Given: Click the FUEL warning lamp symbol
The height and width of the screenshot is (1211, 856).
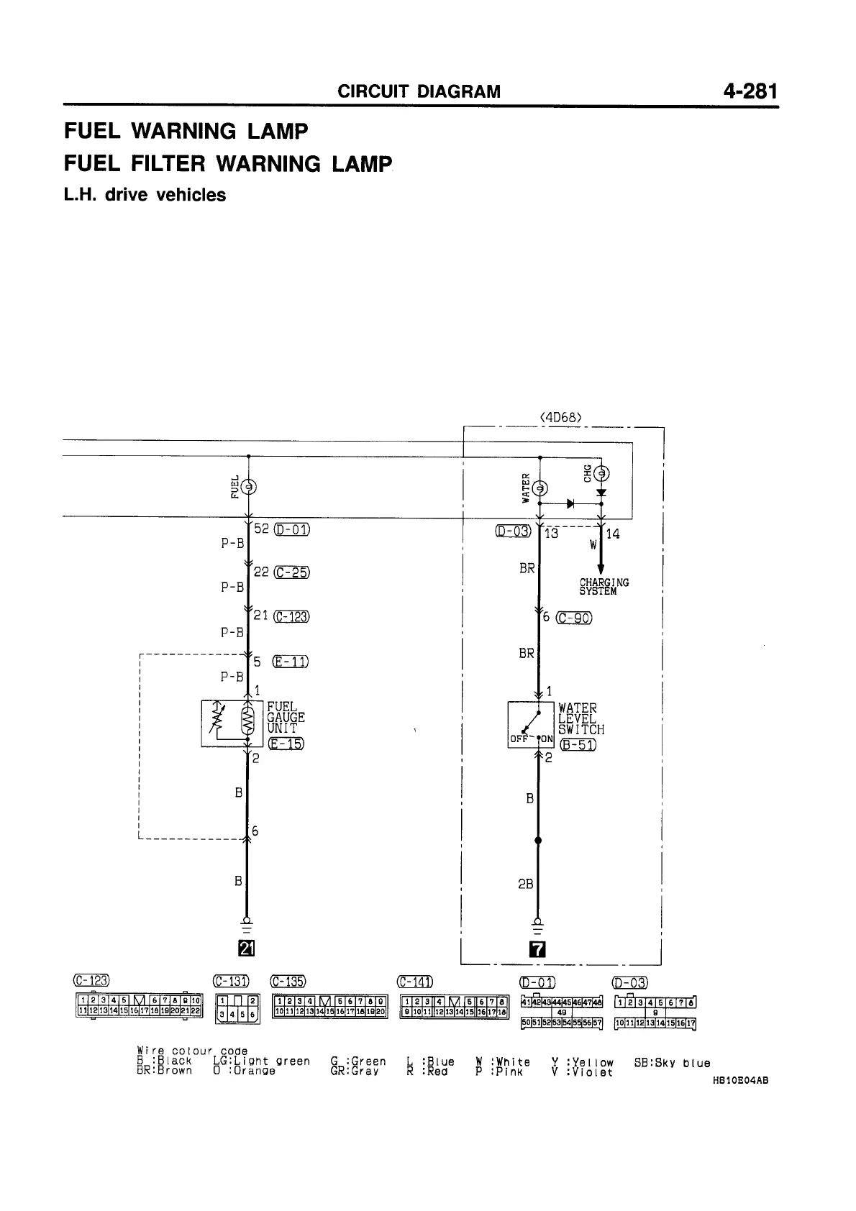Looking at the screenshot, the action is pyautogui.click(x=248, y=487).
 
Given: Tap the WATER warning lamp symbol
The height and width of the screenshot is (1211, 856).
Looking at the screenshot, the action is pyautogui.click(x=539, y=488).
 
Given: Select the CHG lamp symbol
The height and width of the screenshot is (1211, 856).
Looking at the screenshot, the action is pyautogui.click(x=601, y=473).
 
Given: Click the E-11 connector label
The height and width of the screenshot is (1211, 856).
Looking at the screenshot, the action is pyautogui.click(x=291, y=662).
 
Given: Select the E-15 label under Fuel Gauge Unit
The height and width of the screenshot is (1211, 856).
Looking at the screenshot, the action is pyautogui.click(x=285, y=744).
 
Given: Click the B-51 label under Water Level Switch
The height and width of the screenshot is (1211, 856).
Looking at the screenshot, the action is pyautogui.click(x=578, y=744).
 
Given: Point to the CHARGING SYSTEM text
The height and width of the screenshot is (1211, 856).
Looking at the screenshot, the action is pyautogui.click(x=604, y=587).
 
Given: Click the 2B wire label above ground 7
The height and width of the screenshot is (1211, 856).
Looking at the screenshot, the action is pyautogui.click(x=526, y=884).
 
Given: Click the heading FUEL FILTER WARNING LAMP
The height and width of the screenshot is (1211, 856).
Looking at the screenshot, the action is pyautogui.click(x=228, y=164).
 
